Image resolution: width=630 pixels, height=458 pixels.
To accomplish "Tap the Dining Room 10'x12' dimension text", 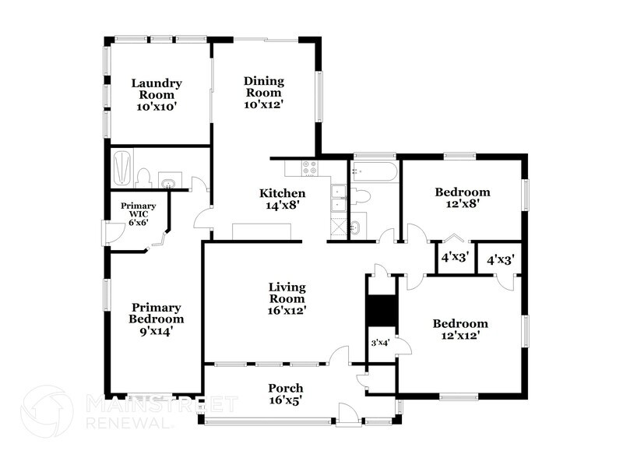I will click(262, 104).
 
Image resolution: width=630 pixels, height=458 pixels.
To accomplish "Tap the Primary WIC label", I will click(138, 206).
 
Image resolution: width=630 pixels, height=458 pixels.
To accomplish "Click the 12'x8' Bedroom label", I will click(462, 192).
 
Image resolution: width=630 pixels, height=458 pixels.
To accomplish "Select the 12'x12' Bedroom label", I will click(461, 324).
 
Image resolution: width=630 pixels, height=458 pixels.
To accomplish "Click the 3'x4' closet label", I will click(379, 343).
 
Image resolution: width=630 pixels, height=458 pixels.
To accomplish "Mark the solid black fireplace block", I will click(382, 312).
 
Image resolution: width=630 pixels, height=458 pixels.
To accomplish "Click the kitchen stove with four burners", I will click(308, 167).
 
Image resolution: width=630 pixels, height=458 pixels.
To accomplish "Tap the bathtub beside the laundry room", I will click(122, 167).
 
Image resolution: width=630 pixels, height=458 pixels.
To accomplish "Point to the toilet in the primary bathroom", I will click(144, 178).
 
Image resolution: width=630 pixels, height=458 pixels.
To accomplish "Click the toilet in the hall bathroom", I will click(359, 196).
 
